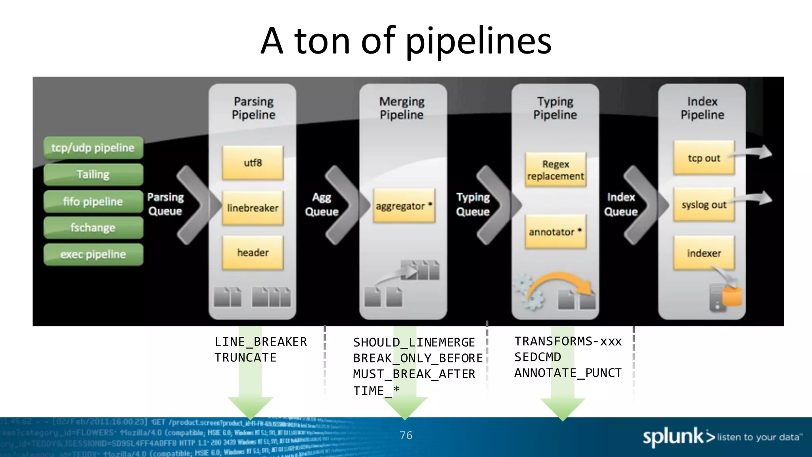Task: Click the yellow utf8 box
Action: click(x=253, y=163)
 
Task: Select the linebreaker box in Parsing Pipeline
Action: click(x=253, y=208)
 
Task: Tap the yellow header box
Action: click(x=253, y=253)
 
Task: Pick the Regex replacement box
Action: click(x=555, y=170)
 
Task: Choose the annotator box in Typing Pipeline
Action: click(x=555, y=232)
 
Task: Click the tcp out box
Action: click(x=704, y=158)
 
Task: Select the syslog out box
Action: click(x=704, y=205)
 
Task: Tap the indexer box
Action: click(x=704, y=253)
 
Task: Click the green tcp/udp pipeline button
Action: click(x=93, y=148)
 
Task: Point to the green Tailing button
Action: click(x=93, y=175)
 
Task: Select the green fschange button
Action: click(x=93, y=228)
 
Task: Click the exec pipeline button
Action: click(x=93, y=254)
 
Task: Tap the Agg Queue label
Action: click(x=322, y=204)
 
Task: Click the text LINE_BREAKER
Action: click(x=260, y=342)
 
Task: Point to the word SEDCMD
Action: click(x=537, y=357)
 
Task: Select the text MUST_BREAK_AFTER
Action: click(x=414, y=374)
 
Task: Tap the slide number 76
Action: click(x=406, y=435)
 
